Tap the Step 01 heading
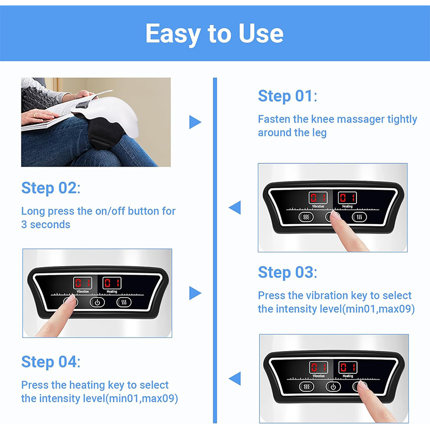[288, 96]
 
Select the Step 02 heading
[51, 188]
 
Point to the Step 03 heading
[288, 273]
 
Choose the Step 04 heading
[51, 362]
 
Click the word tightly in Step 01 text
[402, 119]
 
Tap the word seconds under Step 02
[50, 225]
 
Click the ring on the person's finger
[35, 114]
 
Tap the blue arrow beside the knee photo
[195, 122]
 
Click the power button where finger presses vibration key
[97, 303]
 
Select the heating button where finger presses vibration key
[124, 303]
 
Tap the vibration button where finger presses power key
[306, 217]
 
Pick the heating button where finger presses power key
[359, 217]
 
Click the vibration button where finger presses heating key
[306, 386]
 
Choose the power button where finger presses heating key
[333, 386]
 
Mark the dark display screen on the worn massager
[83, 105]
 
